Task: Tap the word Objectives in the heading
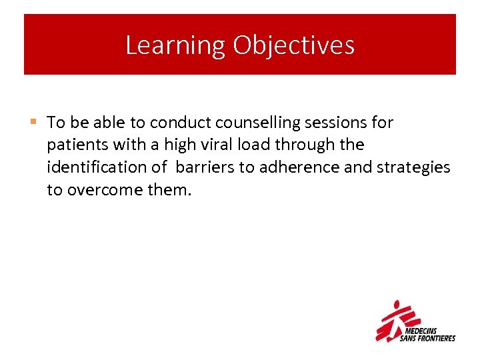(293, 45)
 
